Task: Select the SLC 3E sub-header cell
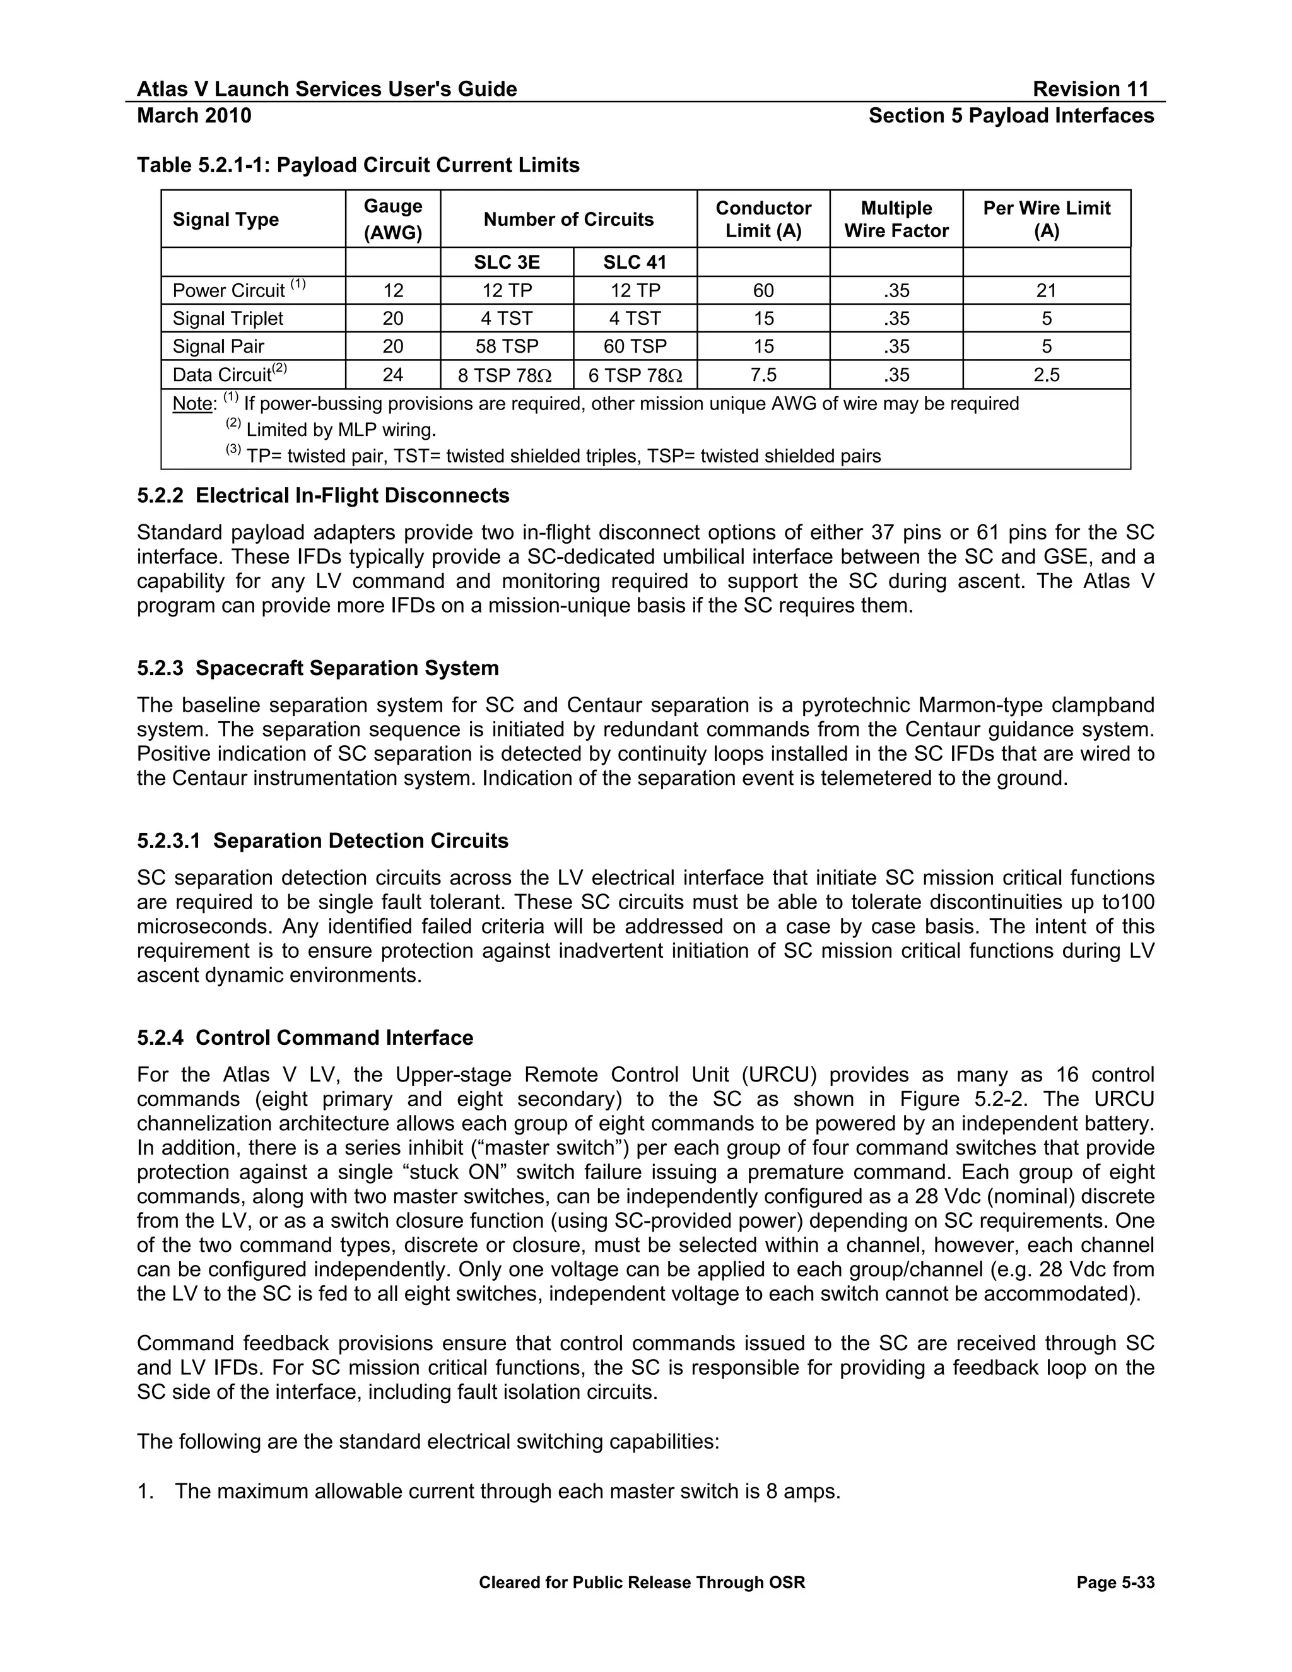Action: point(507,262)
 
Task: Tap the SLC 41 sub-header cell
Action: point(635,262)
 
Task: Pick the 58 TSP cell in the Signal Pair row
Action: point(507,346)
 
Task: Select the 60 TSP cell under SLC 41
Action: point(635,346)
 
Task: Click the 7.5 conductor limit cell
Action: point(763,374)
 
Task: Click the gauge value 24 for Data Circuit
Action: point(392,374)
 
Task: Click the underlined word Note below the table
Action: point(192,403)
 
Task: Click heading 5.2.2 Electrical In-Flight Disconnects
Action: point(323,495)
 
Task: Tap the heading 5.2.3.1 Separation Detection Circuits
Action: point(322,840)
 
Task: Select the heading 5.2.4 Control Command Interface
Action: point(305,1037)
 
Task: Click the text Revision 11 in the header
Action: point(1090,89)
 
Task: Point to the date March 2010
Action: point(194,115)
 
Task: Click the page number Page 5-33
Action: point(1115,1582)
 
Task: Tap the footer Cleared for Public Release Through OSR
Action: point(642,1582)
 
